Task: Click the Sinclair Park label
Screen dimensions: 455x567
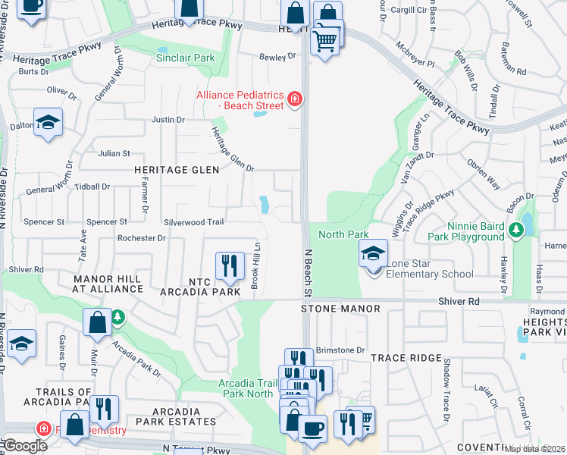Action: (x=185, y=58)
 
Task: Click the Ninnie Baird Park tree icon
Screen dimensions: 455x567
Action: (x=517, y=229)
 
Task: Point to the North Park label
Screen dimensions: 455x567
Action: (x=343, y=234)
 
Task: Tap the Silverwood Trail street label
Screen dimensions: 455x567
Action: (x=194, y=222)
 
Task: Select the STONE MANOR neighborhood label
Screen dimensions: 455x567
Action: (x=329, y=309)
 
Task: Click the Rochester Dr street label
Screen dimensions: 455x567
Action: (x=141, y=238)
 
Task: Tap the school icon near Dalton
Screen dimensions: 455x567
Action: (x=49, y=122)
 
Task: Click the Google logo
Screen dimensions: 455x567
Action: (x=25, y=446)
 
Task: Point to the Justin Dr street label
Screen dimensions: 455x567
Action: (x=168, y=120)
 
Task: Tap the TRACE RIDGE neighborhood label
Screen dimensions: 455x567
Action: (x=406, y=358)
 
